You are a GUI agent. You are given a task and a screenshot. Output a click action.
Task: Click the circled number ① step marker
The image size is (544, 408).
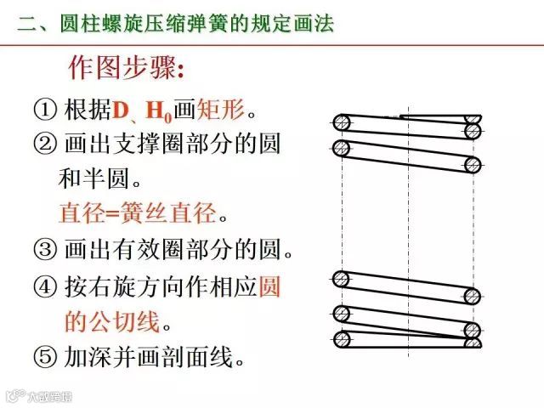point(45,110)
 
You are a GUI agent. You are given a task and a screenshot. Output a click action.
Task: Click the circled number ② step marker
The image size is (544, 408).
point(45,144)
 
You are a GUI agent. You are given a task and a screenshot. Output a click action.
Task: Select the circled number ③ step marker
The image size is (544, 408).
point(45,250)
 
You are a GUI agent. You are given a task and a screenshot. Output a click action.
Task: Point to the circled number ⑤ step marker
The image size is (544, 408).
point(45,357)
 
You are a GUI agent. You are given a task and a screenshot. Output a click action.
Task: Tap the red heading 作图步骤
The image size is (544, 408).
point(123,66)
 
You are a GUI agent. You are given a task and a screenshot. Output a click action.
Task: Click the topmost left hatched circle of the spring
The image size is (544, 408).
point(342,122)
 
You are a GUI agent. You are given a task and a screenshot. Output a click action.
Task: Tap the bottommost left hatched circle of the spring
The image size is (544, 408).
point(342,340)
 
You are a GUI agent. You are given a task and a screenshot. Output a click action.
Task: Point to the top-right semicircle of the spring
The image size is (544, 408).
point(473,130)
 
